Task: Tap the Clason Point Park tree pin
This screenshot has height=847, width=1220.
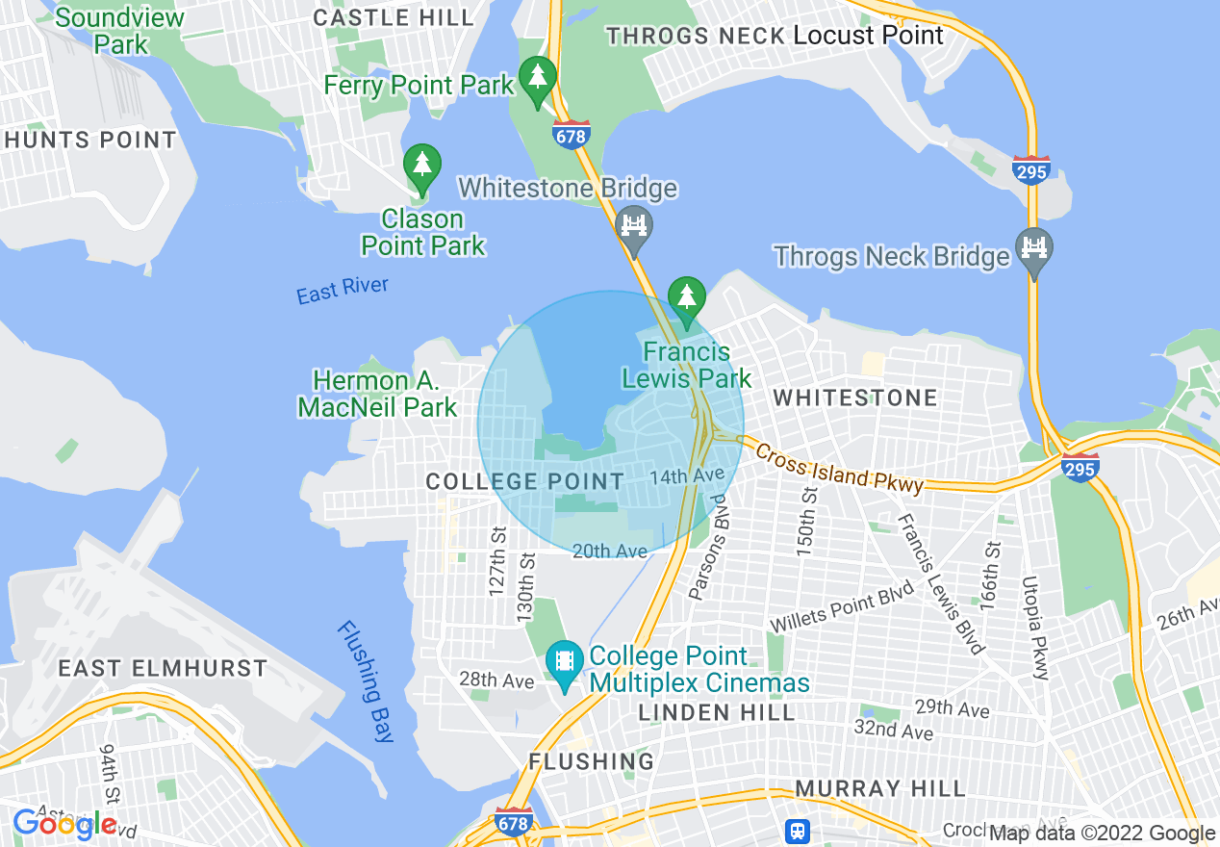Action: tap(421, 166)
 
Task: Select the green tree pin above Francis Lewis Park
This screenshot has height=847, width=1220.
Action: tap(686, 298)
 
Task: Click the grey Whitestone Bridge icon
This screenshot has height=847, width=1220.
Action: tap(633, 227)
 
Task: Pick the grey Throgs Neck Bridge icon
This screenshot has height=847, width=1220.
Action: tap(1033, 248)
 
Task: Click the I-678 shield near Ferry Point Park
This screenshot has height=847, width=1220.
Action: tap(571, 135)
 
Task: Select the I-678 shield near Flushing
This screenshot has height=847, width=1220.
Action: tap(514, 823)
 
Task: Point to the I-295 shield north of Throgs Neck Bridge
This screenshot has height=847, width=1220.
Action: tap(1030, 169)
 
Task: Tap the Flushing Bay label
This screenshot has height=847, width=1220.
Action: tap(367, 681)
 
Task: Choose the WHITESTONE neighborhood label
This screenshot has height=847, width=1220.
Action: tap(854, 398)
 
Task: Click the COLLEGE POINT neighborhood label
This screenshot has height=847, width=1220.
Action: tap(525, 480)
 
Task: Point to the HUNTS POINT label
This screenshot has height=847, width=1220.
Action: tap(90, 140)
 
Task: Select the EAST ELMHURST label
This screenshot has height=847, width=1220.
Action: tap(163, 668)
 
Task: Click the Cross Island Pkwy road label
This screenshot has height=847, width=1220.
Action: tap(838, 469)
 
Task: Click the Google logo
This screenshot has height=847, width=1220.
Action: tap(64, 824)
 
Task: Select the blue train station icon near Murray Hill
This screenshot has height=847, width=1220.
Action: tap(798, 831)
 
